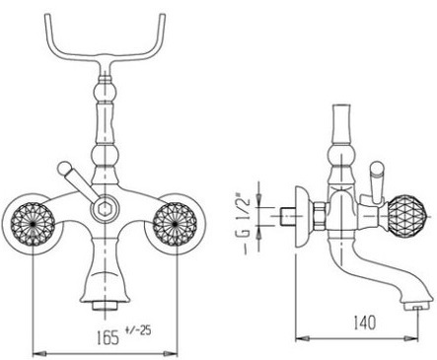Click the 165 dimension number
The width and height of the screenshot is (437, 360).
click(108, 337)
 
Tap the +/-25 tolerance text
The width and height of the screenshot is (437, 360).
click(138, 330)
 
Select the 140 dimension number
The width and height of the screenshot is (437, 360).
click(364, 323)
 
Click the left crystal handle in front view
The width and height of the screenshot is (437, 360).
click(33, 224)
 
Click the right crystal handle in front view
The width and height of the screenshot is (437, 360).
click(174, 224)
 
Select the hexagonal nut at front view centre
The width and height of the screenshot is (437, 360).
click(105, 208)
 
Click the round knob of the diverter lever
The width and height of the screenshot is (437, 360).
click(63, 168)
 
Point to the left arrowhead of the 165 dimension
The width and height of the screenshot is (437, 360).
click(39, 353)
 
